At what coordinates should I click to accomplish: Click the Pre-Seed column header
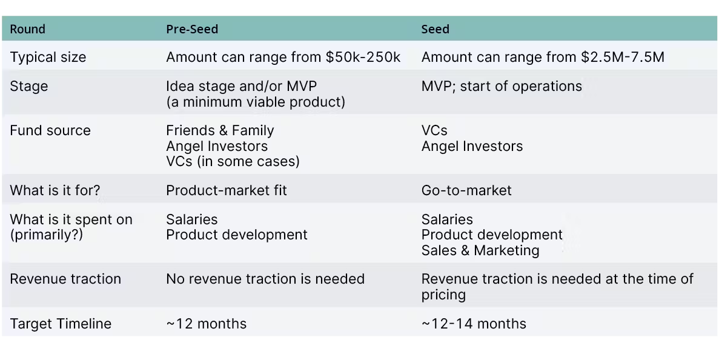(x=192, y=29)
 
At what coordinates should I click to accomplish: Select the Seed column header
(x=435, y=29)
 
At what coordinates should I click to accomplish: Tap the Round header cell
(x=27, y=29)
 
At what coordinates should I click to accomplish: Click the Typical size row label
(x=48, y=58)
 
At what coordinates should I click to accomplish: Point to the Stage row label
(x=28, y=86)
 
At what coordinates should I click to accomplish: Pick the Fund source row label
(x=50, y=130)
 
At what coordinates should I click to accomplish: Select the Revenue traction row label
(x=65, y=279)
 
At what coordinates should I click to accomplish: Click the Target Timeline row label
(x=61, y=324)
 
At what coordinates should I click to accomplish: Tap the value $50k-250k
(x=363, y=58)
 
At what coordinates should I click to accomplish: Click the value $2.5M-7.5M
(x=622, y=58)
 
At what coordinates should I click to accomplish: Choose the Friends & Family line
(x=220, y=130)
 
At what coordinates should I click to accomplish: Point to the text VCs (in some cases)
(x=233, y=161)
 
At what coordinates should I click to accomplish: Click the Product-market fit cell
(x=226, y=190)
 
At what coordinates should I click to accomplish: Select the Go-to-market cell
(x=466, y=190)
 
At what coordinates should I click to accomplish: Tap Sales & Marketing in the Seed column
(x=480, y=250)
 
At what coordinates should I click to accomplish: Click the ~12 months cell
(x=206, y=324)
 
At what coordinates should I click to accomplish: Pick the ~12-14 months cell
(x=474, y=324)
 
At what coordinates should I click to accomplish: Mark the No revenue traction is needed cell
(x=265, y=279)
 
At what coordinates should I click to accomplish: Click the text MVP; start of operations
(x=502, y=86)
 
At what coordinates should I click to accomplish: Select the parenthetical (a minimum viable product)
(x=256, y=101)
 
